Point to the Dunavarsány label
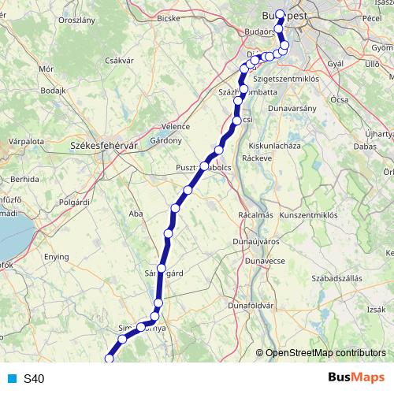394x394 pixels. click(x=292, y=107)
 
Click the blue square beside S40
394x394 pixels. click(x=11, y=378)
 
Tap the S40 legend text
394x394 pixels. click(x=33, y=378)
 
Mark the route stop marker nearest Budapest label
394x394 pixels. click(x=280, y=14)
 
